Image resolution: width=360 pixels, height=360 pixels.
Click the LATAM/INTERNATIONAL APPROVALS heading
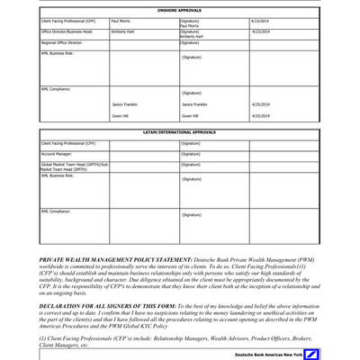coord(180,132)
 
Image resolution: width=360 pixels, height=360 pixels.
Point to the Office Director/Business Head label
coord(67,31)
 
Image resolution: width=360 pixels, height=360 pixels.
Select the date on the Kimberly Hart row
coord(262,31)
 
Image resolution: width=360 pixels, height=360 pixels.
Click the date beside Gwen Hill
coord(262,116)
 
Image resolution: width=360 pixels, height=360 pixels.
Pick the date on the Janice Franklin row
coord(262,104)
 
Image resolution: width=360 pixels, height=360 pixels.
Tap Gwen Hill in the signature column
coord(190,116)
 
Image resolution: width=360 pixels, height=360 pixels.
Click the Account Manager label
coord(58,154)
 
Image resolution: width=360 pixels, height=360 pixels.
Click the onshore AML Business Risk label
coord(59,53)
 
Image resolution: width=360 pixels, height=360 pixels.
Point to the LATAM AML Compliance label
coord(56,211)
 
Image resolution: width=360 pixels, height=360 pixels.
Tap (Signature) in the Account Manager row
coord(190,154)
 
